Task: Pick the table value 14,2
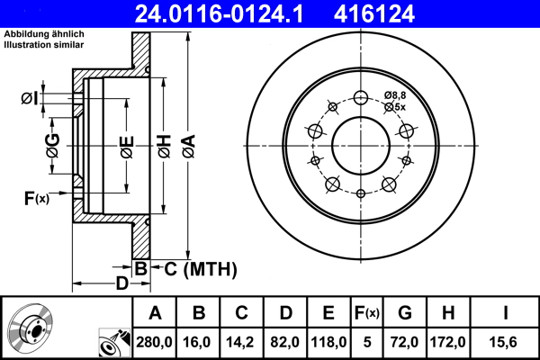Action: tap(242, 343)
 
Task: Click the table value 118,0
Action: tap(328, 343)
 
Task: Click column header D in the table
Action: tap(285, 312)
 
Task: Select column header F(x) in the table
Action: tap(366, 312)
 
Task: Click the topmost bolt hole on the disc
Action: tap(361, 99)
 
